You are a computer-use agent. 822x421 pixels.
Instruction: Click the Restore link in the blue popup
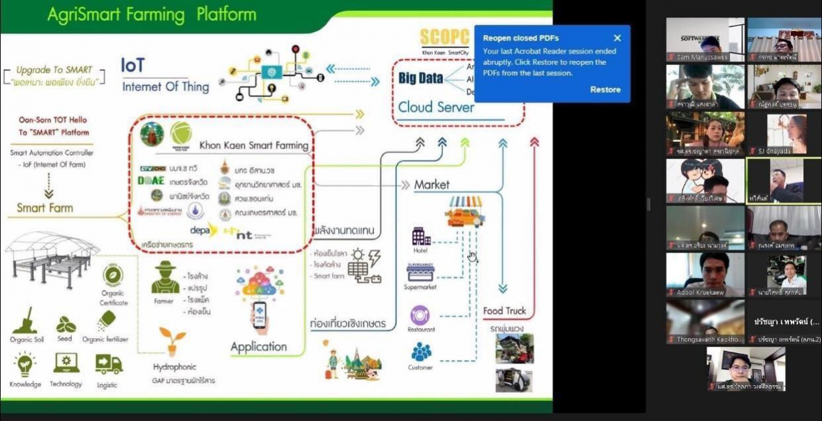point(605,90)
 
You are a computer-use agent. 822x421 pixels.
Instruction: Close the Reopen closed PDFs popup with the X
point(617,38)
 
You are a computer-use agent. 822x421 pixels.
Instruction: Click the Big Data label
point(421,78)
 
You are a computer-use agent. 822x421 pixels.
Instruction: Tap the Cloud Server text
point(436,107)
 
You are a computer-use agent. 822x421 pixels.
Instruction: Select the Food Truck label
point(504,310)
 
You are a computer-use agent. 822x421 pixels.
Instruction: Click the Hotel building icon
point(421,237)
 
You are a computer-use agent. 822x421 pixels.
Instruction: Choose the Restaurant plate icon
point(420,315)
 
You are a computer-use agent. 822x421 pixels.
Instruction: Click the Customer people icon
point(420,352)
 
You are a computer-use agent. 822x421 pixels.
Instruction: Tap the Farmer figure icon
point(164,277)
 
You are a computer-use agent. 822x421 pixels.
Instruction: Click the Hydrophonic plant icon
point(172,341)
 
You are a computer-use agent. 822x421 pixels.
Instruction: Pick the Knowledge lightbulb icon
point(25,365)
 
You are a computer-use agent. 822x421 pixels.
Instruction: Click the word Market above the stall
point(432,184)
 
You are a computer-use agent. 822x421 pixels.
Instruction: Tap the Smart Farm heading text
point(45,208)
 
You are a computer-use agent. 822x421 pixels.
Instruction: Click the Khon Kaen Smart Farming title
point(255,145)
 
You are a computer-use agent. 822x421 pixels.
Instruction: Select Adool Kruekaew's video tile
point(705,274)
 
